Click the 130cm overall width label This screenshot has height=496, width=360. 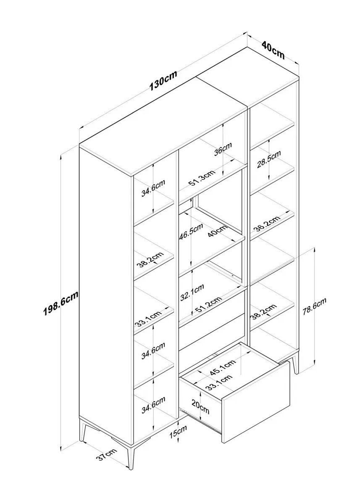[163, 80]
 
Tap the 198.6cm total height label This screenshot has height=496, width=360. [62, 303]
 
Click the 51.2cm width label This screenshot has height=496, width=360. [207, 307]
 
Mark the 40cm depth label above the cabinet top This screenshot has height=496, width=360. [273, 50]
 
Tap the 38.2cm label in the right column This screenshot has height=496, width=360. [263, 311]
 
